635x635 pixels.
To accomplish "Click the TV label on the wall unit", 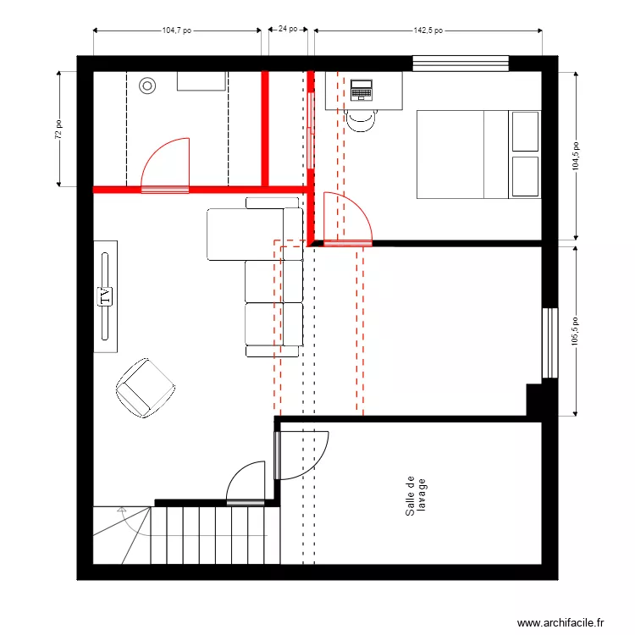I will point(105,295).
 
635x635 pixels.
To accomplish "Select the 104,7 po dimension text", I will point(176,29).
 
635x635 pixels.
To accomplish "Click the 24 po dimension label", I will point(287,29).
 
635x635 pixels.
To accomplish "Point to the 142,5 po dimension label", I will point(428,29).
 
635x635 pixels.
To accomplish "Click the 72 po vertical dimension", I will point(58,129).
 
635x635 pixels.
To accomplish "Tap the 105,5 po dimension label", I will point(577,331).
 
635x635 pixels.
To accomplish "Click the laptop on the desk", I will point(362,89).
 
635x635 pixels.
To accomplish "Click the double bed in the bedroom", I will point(478,154).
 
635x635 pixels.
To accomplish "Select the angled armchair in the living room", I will point(145,388).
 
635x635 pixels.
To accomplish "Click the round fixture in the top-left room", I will point(147,85).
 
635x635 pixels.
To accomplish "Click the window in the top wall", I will point(461,63).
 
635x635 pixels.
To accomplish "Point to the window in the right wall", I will point(550,342).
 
